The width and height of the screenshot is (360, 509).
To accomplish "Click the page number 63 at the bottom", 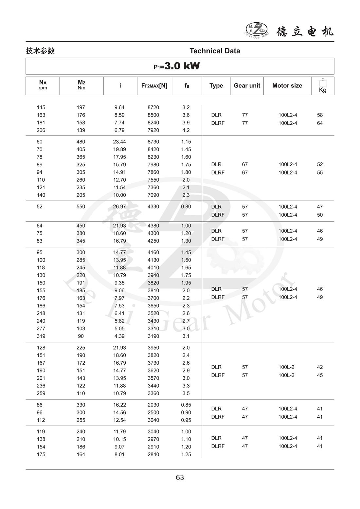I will click(180, 478).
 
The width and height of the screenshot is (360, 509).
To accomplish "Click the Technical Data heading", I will click(215, 51).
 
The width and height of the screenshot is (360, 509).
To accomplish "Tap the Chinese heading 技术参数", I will click(40, 51).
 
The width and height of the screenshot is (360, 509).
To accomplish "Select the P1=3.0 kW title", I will click(177, 66).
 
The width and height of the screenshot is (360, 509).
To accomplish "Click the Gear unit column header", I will click(247, 85).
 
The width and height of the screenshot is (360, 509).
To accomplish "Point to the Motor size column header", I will click(287, 85).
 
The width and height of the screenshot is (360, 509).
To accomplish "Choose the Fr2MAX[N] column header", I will click(154, 85).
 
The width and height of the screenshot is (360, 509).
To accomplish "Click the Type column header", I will click(216, 85).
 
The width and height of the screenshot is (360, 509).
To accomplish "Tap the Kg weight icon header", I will click(322, 86).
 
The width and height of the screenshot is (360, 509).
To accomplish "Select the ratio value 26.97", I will click(119, 207).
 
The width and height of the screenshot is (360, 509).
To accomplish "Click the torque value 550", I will click(81, 207).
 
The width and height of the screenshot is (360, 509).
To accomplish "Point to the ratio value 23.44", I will click(119, 142).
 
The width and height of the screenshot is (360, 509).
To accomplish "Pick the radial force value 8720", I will click(153, 107).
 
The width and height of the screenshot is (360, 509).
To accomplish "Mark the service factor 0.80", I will click(186, 207).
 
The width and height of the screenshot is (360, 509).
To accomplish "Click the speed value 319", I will click(41, 336).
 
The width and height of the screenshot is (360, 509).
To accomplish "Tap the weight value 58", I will click(320, 115).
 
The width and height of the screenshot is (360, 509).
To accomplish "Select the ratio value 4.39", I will click(119, 336).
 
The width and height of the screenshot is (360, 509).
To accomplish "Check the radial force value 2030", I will click(153, 405).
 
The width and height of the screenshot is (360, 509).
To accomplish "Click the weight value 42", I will click(320, 367).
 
